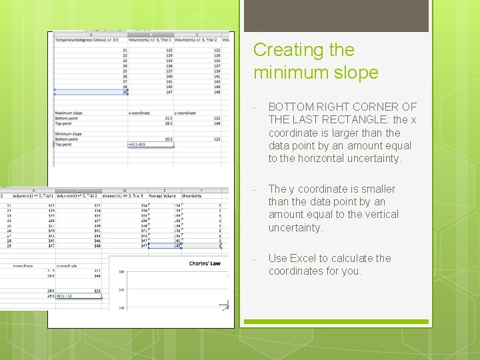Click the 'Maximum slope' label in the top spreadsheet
[69, 113]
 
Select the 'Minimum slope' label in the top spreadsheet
[69, 134]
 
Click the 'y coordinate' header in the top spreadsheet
[185, 113]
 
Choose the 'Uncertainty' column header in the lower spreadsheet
[192, 196]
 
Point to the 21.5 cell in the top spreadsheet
[168, 118]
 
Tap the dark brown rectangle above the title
[336, 16]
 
